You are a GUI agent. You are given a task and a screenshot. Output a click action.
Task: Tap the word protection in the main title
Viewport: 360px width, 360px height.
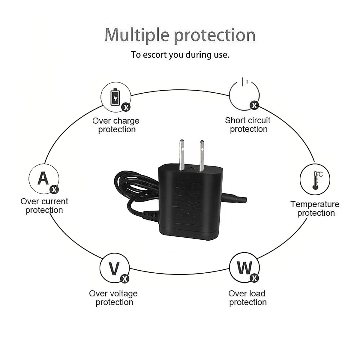pyautogui.click(x=215, y=35)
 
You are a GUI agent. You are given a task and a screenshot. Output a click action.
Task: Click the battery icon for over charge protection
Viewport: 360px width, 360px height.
pyautogui.click(x=115, y=97)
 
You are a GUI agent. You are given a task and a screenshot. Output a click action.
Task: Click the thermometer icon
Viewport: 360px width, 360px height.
pyautogui.click(x=315, y=180)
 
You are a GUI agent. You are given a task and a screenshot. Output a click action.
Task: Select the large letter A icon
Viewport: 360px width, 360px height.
pyautogui.click(x=43, y=178)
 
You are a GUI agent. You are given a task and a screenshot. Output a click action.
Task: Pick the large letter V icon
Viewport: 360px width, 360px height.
pyautogui.click(x=114, y=268)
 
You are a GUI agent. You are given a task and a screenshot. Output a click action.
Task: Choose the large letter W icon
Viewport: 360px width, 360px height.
pyautogui.click(x=244, y=267)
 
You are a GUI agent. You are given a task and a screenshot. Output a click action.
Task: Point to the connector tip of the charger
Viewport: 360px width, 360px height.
pyautogui.click(x=238, y=198)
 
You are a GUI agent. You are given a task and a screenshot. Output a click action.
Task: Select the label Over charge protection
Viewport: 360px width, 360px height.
pyautogui.click(x=116, y=125)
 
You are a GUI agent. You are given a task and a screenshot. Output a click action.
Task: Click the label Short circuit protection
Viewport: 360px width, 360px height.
pyautogui.click(x=248, y=125)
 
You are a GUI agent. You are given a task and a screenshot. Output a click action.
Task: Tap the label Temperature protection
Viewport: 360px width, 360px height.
pyautogui.click(x=315, y=208)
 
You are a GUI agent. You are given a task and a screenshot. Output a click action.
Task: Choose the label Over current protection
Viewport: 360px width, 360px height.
pyautogui.click(x=44, y=205)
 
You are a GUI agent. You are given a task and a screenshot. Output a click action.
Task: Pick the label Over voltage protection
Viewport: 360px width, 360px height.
pyautogui.click(x=114, y=298)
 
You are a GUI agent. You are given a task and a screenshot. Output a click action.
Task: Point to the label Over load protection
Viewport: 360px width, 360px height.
pyautogui.click(x=247, y=298)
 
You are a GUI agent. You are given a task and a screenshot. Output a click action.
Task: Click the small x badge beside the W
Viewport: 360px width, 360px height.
pyautogui.click(x=254, y=278)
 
